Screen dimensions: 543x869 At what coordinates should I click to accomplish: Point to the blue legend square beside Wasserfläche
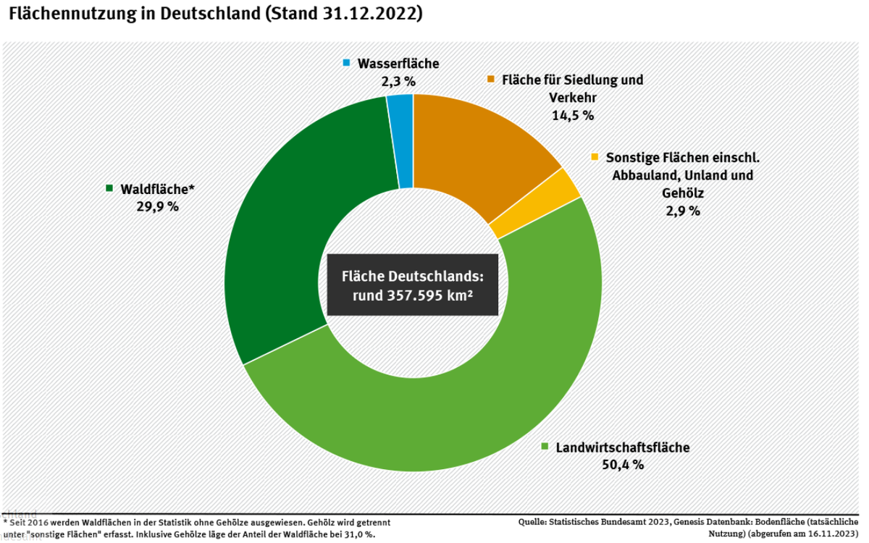click(x=347, y=64)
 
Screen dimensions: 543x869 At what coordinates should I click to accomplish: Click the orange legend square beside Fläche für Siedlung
click(x=492, y=79)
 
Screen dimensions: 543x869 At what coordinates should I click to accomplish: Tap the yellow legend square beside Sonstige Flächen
click(x=595, y=156)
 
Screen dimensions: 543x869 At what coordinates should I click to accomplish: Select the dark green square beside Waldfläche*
click(x=109, y=188)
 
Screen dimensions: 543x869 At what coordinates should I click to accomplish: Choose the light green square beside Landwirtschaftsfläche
click(x=545, y=447)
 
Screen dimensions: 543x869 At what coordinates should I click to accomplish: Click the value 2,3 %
click(x=398, y=81)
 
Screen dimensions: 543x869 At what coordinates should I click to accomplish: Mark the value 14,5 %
click(x=573, y=115)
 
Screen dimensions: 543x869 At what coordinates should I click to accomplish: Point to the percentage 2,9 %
click(x=683, y=211)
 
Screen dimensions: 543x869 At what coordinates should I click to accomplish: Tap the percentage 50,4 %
click(x=622, y=465)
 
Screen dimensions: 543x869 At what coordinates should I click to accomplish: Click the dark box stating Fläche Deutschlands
click(x=413, y=285)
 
